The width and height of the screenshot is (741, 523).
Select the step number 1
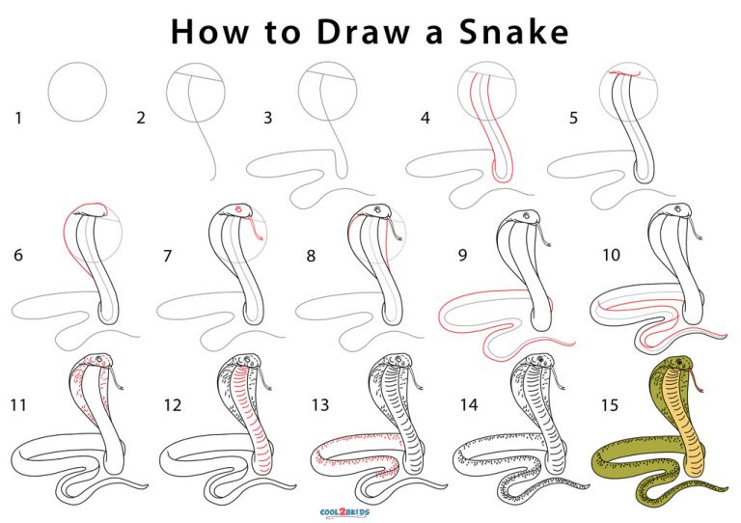pyautogui.click(x=16, y=119)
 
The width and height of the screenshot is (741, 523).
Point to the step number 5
pyautogui.click(x=574, y=119)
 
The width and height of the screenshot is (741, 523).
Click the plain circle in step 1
pyautogui.click(x=78, y=92)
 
